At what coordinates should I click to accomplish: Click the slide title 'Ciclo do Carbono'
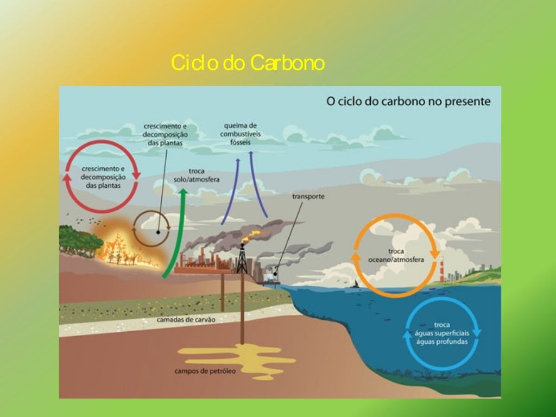248,64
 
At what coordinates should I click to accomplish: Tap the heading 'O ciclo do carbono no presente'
408,101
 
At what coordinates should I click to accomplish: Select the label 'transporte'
308,197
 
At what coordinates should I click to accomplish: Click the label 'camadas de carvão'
186,320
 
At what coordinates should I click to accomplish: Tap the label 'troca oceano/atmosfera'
396,256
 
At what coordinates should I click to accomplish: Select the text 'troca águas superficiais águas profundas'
441,333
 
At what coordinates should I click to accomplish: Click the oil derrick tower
242,260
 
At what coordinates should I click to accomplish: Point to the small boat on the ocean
357,283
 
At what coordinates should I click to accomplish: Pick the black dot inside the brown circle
158,232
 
